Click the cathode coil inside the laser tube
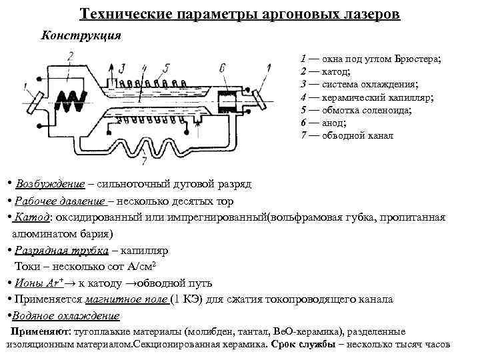pyautogui.click(x=70, y=101)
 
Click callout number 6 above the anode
pyautogui.click(x=221, y=67)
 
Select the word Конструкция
pyautogui.click(x=81, y=35)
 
